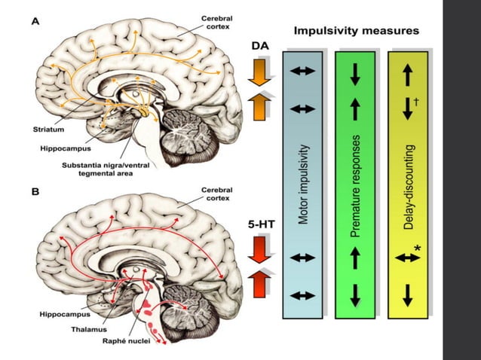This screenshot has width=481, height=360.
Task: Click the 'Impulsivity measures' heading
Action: pos(357,32)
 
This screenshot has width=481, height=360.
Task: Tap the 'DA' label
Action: pos(258,46)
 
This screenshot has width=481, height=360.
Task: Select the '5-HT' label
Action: pos(259,224)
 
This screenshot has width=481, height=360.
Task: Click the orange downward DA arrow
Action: pos(259,73)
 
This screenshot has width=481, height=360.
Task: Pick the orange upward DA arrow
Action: pos(259,106)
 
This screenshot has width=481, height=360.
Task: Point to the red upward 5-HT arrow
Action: pos(259,283)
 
